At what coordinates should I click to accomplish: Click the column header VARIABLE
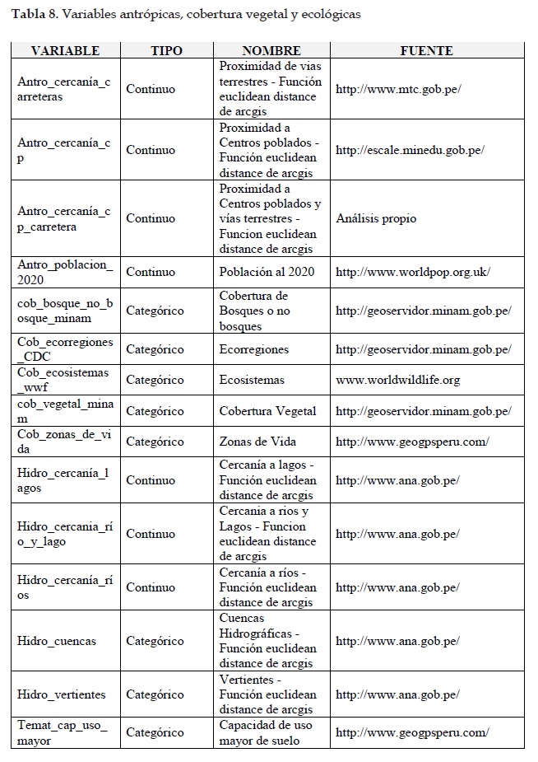point(65,51)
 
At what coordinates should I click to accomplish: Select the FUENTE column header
point(426,51)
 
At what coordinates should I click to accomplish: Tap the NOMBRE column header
point(271,51)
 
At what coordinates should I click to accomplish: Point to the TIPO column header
point(167,51)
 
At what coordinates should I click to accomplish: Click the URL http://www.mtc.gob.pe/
point(398,89)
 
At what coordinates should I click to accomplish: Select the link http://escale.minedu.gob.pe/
point(410,150)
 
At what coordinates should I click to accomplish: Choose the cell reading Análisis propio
point(376,218)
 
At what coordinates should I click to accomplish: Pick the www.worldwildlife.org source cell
point(397,380)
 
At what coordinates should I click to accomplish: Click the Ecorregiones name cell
point(254,349)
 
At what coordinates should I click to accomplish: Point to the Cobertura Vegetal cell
point(264,411)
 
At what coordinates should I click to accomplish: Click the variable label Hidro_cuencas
point(57,641)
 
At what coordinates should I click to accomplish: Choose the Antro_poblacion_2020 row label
point(65,272)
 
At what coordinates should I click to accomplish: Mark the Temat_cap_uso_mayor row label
point(62,732)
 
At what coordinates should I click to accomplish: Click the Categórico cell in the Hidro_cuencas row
point(155,641)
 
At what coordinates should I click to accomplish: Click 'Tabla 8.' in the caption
point(35,15)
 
